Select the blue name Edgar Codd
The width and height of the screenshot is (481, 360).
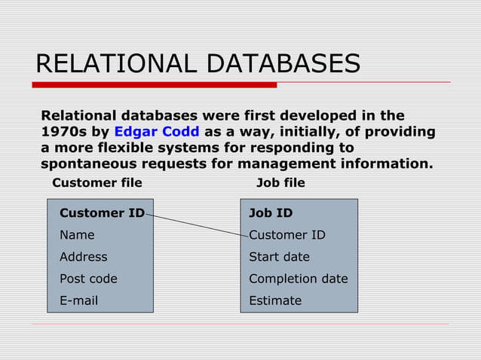pos(156,132)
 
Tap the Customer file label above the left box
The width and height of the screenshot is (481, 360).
pos(97,182)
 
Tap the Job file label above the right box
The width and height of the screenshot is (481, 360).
pos(280,182)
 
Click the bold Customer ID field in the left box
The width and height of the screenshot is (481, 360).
pos(102,213)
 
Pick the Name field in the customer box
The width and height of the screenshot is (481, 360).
pos(77,235)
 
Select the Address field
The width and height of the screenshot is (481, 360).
pos(84,257)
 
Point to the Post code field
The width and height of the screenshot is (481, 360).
pos(88,279)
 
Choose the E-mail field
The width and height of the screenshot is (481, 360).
pos(79,301)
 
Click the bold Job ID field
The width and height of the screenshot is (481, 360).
pos(271,213)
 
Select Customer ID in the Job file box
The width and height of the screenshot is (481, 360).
pos(287,235)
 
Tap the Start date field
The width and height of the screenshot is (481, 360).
pos(279,257)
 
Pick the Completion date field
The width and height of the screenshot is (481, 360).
pos(299,279)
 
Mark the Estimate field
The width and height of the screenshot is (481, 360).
pos(275,301)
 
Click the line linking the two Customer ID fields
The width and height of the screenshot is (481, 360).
pos(196,224)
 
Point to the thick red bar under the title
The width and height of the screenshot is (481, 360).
pos(155,84)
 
